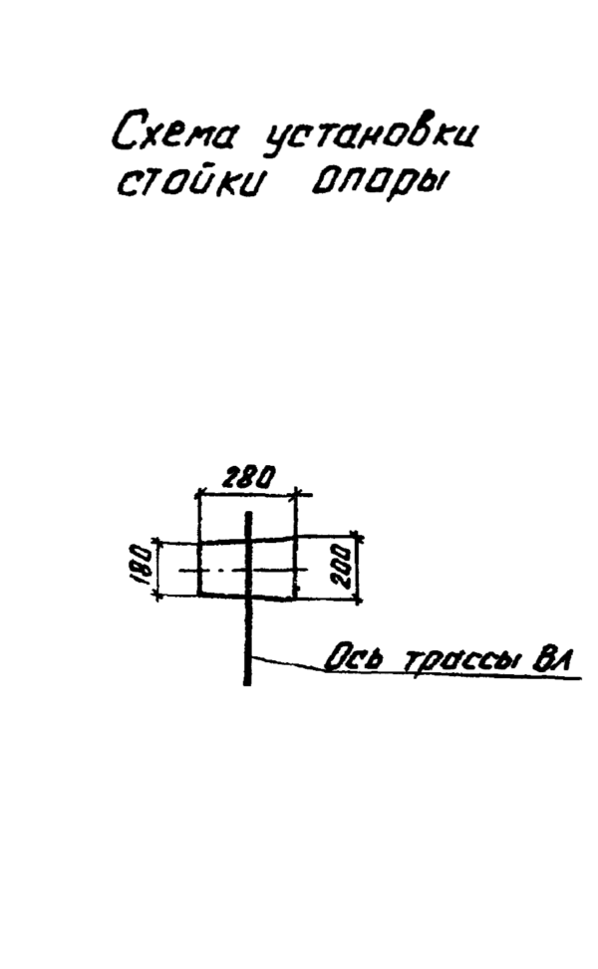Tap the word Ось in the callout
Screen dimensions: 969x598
coord(353,659)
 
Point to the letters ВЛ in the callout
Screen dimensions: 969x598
coord(552,659)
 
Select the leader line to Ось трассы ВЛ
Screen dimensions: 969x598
coord(289,663)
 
